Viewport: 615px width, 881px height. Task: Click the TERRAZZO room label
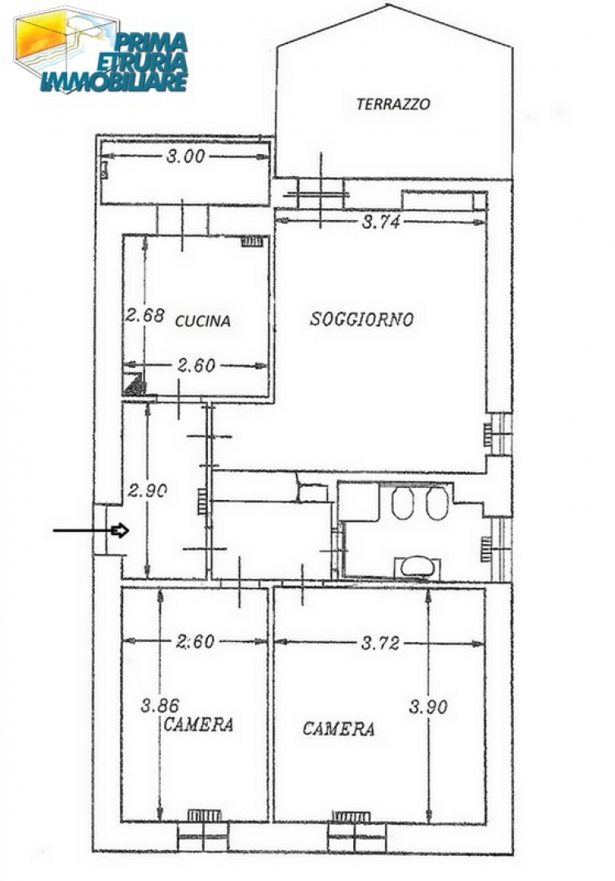(x=393, y=104)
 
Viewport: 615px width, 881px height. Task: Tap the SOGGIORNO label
(x=361, y=319)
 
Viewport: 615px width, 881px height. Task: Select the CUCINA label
(x=203, y=321)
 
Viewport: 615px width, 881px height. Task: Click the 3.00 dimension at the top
(x=185, y=156)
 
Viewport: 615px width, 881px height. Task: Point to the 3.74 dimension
(x=381, y=222)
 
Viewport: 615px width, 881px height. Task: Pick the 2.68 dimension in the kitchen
(x=145, y=315)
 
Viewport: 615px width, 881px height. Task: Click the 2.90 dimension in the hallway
(x=147, y=490)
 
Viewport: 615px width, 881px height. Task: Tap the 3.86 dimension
(x=160, y=705)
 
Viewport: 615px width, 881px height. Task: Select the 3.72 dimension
(x=380, y=643)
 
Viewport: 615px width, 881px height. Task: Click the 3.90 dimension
(x=428, y=706)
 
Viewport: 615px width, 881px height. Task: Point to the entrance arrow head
(x=121, y=530)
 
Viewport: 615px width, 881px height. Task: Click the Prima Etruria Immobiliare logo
(x=101, y=51)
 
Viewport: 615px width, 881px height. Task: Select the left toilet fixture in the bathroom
(x=403, y=502)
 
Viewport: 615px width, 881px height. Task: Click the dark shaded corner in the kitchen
(x=135, y=385)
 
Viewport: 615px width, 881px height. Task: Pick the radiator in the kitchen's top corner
(x=251, y=241)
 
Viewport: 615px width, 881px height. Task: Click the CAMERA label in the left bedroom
(x=198, y=724)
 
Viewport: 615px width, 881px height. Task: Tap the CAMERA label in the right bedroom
(x=338, y=728)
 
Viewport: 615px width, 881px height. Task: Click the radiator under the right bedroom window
(x=352, y=817)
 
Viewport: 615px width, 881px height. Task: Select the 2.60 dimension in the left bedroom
(x=196, y=641)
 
